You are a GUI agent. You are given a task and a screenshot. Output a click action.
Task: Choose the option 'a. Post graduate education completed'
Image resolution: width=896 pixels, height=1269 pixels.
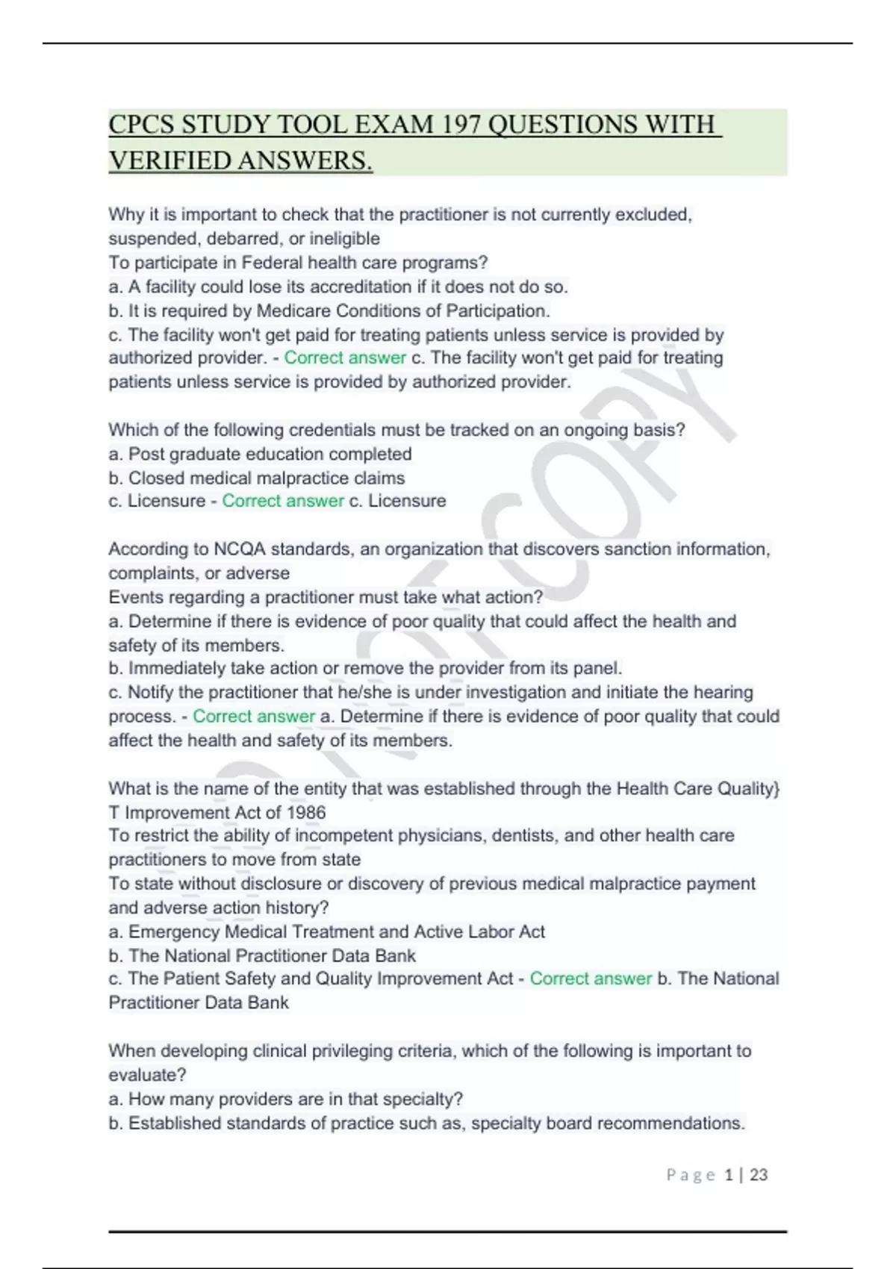(x=260, y=454)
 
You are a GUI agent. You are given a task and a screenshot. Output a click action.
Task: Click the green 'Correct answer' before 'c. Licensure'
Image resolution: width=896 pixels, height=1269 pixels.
(x=282, y=501)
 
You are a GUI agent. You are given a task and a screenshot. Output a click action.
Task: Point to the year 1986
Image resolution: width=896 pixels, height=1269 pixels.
(x=305, y=812)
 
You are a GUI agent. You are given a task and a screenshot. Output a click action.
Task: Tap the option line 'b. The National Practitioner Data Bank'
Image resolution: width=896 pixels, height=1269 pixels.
(x=262, y=955)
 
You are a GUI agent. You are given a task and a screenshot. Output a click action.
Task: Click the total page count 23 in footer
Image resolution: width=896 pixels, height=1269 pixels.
(x=759, y=1175)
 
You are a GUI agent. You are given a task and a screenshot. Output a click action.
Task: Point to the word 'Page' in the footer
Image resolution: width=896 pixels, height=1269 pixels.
(x=691, y=1175)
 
